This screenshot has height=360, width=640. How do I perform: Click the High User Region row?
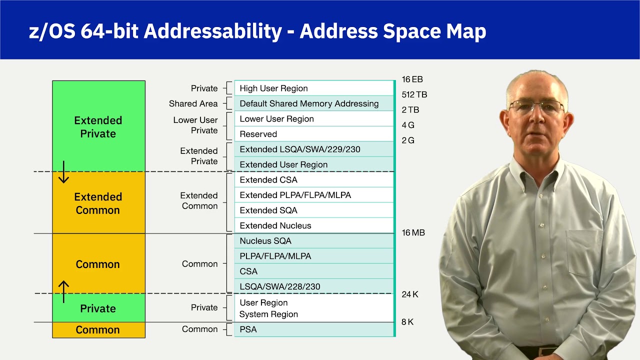pyautogui.click(x=313, y=88)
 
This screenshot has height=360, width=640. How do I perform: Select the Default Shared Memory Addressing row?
pyautogui.click(x=313, y=103)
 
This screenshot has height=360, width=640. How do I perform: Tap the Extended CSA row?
pyautogui.click(x=313, y=180)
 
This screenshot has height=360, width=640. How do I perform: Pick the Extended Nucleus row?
pyautogui.click(x=313, y=225)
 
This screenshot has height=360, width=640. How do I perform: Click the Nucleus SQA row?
pyautogui.click(x=313, y=241)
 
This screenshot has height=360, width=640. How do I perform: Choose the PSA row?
pyautogui.click(x=313, y=329)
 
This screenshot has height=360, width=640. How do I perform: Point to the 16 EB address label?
pyautogui.click(x=412, y=79)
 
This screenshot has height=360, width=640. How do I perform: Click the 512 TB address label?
pyautogui.click(x=414, y=94)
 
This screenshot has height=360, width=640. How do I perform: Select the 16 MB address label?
pyautogui.click(x=413, y=233)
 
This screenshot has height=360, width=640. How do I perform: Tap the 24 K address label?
pyautogui.click(x=410, y=294)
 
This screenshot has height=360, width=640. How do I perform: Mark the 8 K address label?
pyautogui.click(x=407, y=322)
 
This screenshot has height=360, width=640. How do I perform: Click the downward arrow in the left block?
pyautogui.click(x=63, y=173)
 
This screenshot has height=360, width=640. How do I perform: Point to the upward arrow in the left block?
pyautogui.click(x=63, y=291)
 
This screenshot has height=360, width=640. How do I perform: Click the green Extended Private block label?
pyautogui.click(x=98, y=127)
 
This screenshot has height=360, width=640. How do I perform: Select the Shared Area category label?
pyautogui.click(x=193, y=104)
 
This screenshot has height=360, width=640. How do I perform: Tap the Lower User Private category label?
pyautogui.click(x=195, y=125)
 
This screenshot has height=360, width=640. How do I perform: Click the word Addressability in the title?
pyautogui.click(x=213, y=31)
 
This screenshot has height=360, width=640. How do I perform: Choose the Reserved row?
pyautogui.click(x=313, y=134)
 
